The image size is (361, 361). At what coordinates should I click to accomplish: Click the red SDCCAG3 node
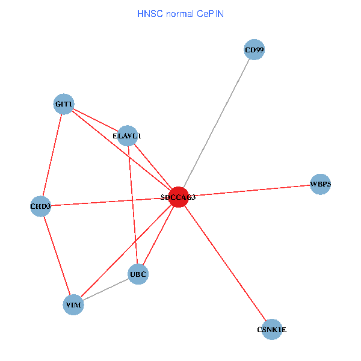click(178, 197)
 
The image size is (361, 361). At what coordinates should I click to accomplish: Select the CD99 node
click(255, 49)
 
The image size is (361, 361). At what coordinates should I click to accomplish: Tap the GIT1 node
click(64, 104)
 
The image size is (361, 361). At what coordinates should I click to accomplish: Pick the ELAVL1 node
click(128, 136)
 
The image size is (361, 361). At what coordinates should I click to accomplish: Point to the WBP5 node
click(321, 184)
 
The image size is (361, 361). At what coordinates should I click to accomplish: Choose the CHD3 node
click(41, 206)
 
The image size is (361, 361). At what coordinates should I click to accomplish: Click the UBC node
click(138, 274)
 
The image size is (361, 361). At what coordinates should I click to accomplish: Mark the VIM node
click(73, 305)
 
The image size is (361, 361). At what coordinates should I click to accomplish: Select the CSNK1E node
click(272, 329)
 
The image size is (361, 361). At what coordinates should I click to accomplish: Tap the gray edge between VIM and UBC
click(106, 290)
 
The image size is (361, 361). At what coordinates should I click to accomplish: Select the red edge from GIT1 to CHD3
click(52, 155)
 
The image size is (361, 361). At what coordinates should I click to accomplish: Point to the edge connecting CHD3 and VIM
click(57, 256)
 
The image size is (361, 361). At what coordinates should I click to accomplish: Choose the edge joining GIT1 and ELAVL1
click(95, 120)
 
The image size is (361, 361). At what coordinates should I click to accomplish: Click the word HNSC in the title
click(150, 13)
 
